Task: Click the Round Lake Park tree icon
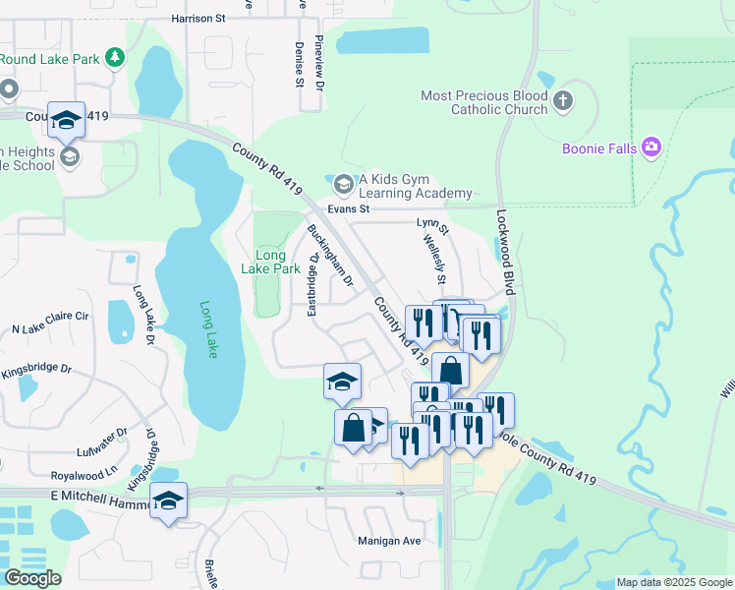tap(116, 59)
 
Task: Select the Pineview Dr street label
tap(318, 62)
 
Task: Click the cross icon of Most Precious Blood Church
tap(562, 101)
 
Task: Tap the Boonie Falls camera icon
tap(650, 148)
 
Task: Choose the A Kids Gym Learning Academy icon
tap(343, 184)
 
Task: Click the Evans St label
tap(349, 208)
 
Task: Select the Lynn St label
tap(432, 226)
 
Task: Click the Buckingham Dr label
tap(330, 255)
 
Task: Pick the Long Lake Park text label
tap(270, 262)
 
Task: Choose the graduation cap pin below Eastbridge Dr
tap(342, 382)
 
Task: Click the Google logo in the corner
tap(33, 578)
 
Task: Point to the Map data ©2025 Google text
tap(673, 582)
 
